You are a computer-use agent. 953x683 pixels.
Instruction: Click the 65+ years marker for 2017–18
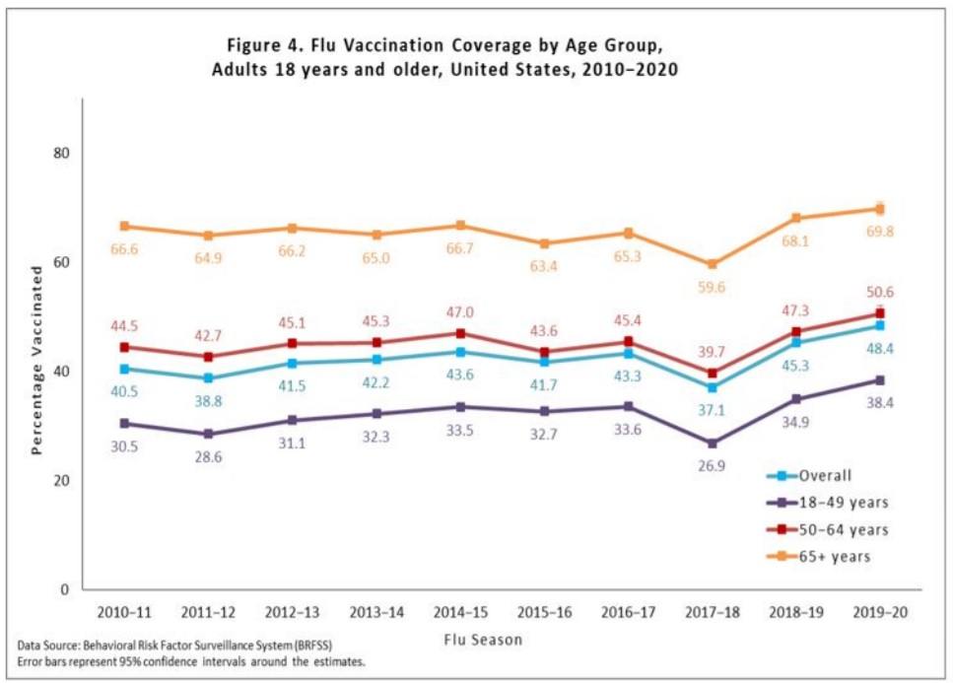point(713,264)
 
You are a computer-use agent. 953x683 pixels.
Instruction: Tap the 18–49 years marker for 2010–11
point(125,423)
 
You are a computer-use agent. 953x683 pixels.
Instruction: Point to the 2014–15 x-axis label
point(460,611)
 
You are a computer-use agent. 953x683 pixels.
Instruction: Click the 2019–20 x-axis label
point(879,611)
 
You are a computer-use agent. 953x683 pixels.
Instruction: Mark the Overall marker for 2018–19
point(796,342)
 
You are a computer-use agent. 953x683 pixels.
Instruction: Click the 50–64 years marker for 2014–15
point(461,333)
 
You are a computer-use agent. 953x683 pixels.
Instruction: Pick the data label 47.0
point(461,311)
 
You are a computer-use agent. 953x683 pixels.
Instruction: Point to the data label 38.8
point(209,403)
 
